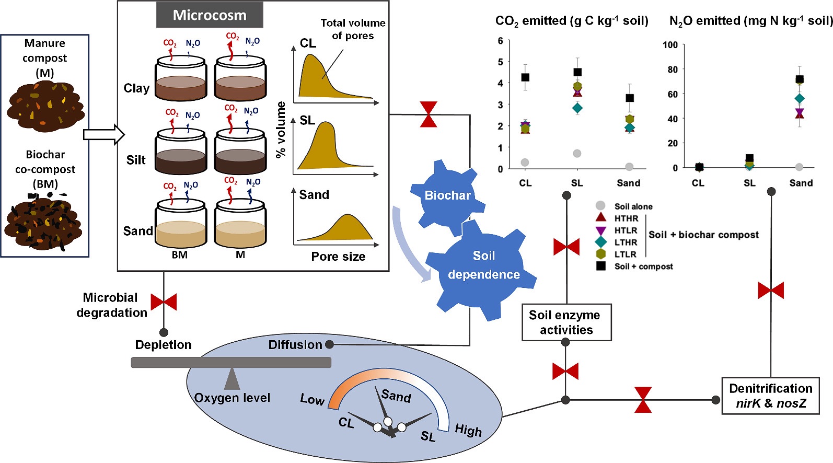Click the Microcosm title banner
point(210,15)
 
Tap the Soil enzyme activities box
point(566,322)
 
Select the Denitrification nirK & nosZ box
point(770,396)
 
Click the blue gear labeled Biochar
point(447,195)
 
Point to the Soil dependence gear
point(483,265)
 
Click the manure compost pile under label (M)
point(45,107)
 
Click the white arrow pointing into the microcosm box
point(103,135)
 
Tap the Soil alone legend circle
point(600,206)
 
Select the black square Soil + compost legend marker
point(601,266)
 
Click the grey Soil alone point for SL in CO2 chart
point(577,153)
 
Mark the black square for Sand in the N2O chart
point(800,79)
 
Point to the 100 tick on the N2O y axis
point(670,45)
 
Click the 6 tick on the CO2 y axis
point(500,41)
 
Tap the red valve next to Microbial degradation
point(164,302)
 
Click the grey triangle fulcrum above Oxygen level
point(232,379)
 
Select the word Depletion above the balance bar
point(163,345)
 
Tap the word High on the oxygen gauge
point(468,430)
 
